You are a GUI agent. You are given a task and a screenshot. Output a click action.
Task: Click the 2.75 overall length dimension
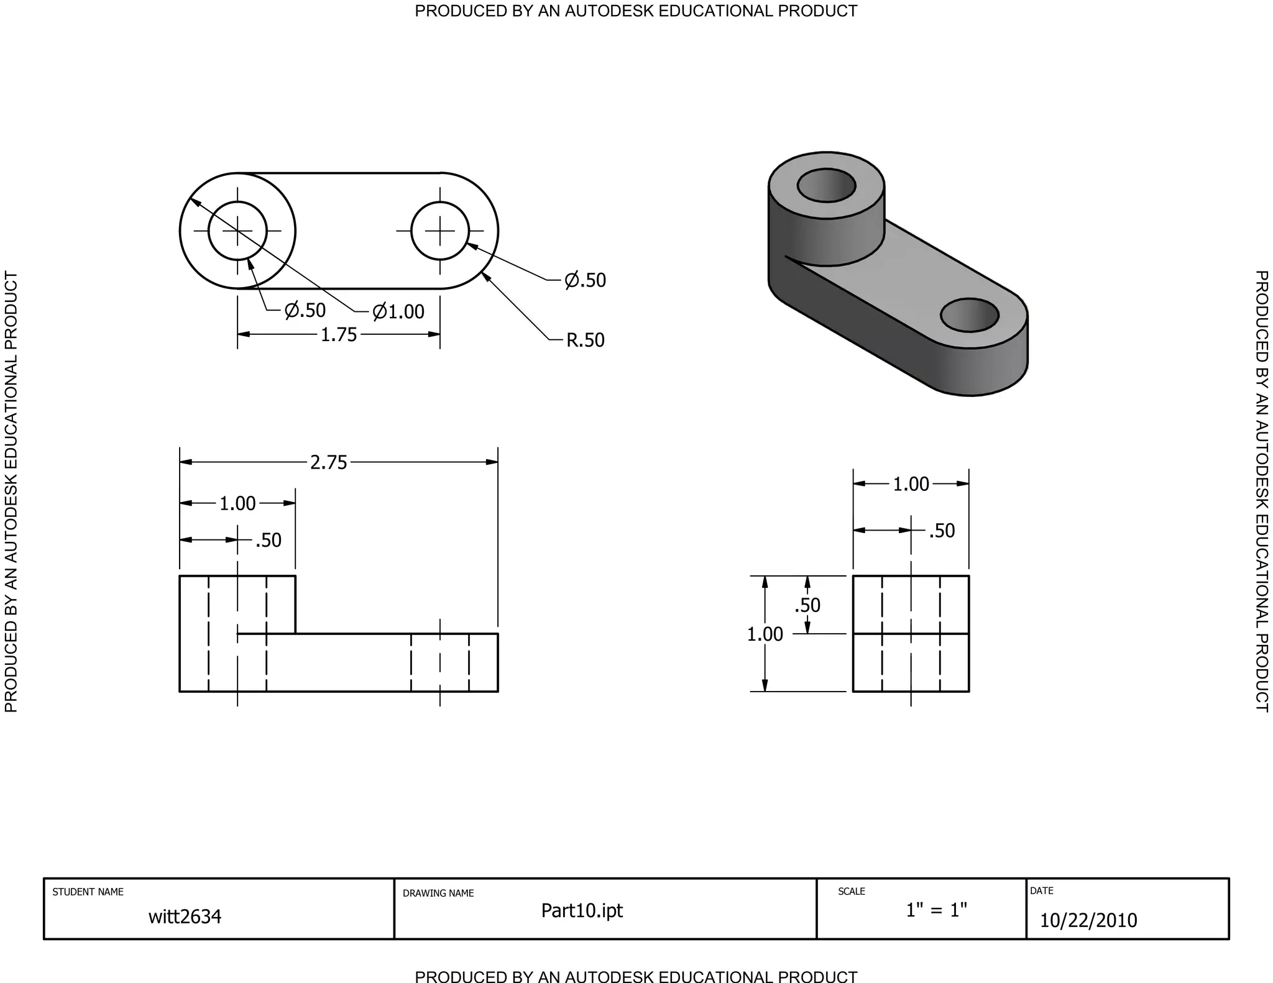(329, 463)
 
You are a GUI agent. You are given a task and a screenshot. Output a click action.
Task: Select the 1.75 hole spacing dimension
(339, 335)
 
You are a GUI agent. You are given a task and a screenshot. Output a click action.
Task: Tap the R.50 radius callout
(585, 341)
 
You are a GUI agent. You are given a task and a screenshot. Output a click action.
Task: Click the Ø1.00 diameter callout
(398, 311)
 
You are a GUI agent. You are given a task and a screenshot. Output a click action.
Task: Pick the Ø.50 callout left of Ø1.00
(305, 310)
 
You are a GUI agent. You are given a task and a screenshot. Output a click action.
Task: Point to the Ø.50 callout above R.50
(585, 280)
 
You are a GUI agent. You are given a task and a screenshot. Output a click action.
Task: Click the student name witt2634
(185, 917)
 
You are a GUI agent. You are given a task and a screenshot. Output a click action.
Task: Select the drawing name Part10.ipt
(582, 910)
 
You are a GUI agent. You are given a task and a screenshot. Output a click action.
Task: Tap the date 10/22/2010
(1088, 920)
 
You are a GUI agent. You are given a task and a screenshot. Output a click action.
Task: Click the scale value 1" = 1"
(936, 910)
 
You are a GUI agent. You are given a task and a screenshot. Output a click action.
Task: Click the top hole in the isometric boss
(826, 185)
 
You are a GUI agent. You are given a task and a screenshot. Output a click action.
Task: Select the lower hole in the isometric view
(969, 315)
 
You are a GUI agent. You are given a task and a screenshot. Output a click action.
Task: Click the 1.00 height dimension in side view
(765, 634)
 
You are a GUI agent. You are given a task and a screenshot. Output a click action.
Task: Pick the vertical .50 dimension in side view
(807, 605)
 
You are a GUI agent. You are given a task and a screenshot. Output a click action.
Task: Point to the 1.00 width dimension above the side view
(911, 484)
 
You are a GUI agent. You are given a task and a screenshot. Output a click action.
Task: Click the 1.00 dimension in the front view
(237, 503)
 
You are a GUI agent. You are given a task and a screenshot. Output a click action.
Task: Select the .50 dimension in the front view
(269, 541)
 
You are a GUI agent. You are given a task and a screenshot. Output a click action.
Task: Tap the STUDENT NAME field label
(88, 892)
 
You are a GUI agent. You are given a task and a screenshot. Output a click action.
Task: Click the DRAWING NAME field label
(438, 894)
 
